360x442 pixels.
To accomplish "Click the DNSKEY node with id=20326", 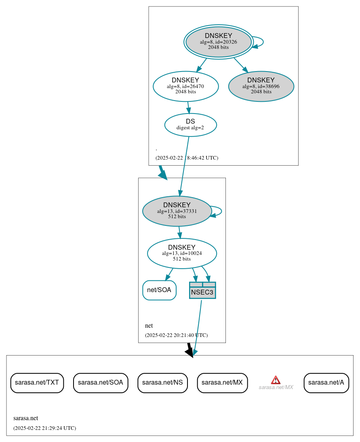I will pyautogui.click(x=218, y=42).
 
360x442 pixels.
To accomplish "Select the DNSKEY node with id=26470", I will pyautogui.click(x=185, y=86).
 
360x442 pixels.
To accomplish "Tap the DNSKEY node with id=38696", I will pyautogui.click(x=261, y=86).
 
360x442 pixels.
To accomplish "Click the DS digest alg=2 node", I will pyautogui.click(x=190, y=124).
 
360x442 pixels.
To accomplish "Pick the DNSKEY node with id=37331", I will pyautogui.click(x=177, y=211).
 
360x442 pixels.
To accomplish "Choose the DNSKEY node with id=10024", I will pyautogui.click(x=182, y=253).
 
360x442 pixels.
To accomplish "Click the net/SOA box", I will pyautogui.click(x=159, y=290).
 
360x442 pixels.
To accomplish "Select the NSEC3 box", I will pyautogui.click(x=202, y=290).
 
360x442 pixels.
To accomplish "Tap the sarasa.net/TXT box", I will pyautogui.click(x=37, y=383).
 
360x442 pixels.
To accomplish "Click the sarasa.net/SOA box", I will pyautogui.click(x=101, y=383).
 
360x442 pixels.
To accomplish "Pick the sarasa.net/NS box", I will pyautogui.click(x=162, y=383).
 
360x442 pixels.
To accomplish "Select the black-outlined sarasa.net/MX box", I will pyautogui.click(x=222, y=383).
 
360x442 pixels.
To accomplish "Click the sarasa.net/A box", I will pyautogui.click(x=326, y=383).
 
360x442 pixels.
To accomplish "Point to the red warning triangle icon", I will pyautogui.click(x=276, y=380).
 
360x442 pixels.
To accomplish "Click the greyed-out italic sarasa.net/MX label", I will pyautogui.click(x=276, y=387).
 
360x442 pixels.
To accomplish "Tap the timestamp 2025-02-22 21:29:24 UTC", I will pyautogui.click(x=44, y=428).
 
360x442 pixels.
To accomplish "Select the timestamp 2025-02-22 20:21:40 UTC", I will pyautogui.click(x=176, y=335).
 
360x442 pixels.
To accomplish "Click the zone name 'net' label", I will pyautogui.click(x=149, y=326).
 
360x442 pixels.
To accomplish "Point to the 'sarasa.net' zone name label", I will pyautogui.click(x=25, y=418).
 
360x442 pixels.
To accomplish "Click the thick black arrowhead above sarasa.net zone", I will pyautogui.click(x=189, y=352).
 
